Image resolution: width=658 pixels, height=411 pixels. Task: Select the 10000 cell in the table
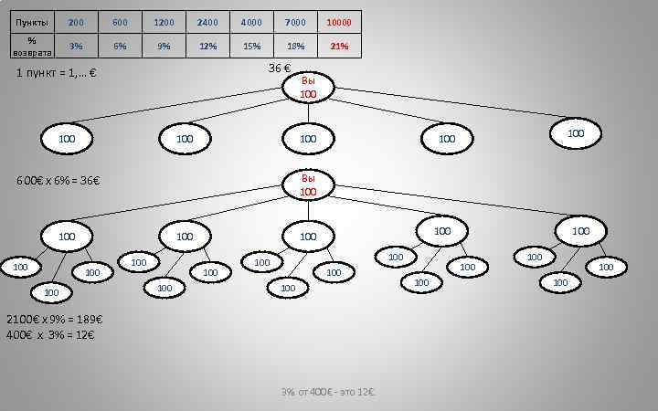coord(339,22)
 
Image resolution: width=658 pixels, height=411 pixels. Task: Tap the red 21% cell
coord(339,46)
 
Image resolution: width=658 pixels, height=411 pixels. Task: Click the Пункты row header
coord(32,22)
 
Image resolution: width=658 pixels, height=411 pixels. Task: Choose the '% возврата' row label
coord(32,46)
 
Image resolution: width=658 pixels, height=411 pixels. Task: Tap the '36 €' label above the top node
coord(280,69)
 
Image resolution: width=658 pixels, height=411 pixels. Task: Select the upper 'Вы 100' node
coord(308,88)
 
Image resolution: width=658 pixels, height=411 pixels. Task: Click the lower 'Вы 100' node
coord(308,185)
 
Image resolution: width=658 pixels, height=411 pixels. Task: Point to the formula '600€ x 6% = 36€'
coord(58,180)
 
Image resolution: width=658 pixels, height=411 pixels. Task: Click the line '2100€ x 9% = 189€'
coord(54,321)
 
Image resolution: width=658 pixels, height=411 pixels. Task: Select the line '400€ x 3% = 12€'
coord(50,335)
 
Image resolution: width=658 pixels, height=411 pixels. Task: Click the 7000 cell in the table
coord(295,22)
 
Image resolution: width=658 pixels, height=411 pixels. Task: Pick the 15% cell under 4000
coord(251,46)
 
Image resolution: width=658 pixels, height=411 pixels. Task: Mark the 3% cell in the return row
coord(76,46)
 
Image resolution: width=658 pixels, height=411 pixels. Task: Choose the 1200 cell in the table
coord(164,22)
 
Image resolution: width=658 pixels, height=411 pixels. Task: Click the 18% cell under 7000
coord(295,46)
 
